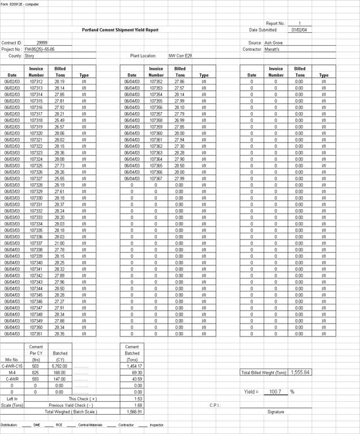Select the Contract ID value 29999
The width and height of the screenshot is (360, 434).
coord(42,43)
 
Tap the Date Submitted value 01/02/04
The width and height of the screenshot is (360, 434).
coord(299,30)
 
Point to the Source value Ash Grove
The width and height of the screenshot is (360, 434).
coord(274,43)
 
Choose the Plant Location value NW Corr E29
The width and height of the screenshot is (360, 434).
coord(180,56)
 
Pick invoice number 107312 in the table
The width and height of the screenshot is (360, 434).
coord(36,82)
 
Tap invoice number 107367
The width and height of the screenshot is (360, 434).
coord(156,179)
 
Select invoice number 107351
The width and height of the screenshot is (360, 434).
coord(36,334)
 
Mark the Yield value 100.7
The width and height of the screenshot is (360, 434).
coord(275,391)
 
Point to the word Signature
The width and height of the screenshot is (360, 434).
coord(276,412)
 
